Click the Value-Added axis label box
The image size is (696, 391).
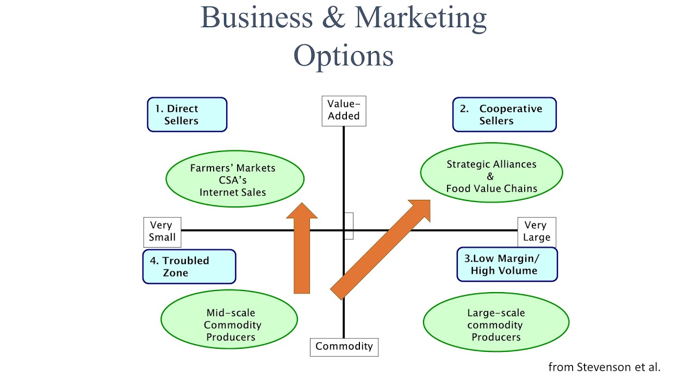coord(344,111)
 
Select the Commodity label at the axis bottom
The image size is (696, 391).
coord(344,347)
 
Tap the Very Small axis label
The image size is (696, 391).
coord(162,231)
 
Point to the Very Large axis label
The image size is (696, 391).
coord(536,231)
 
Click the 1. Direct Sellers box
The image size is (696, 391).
coord(187,115)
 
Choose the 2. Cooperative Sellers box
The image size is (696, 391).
coord(504,115)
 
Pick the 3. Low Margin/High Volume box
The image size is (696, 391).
coord(507,264)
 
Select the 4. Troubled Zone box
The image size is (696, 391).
coord(189,267)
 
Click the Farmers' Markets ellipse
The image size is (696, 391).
coord(234,179)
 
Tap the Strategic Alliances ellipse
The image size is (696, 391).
coord(491,173)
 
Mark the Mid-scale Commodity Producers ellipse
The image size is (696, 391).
coord(229,319)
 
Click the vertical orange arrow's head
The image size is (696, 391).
coord(302,212)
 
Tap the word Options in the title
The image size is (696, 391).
coord(343,55)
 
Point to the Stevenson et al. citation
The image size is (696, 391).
coord(604,367)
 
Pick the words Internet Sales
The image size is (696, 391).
coord(233,192)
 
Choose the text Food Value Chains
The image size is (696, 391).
coord(492,189)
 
